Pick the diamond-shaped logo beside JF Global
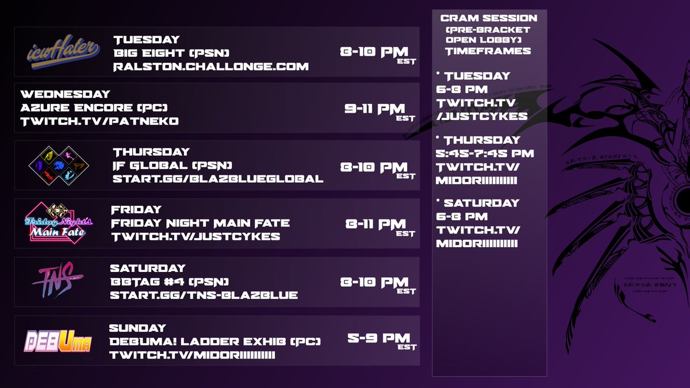click(57, 166)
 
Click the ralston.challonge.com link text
click(211, 67)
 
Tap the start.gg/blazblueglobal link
click(218, 179)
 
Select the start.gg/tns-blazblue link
click(204, 295)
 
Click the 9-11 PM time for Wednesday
click(375, 109)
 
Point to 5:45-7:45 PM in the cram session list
click(485, 153)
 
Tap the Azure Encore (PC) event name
click(94, 108)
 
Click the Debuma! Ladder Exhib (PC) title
click(214, 341)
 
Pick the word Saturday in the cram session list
click(481, 203)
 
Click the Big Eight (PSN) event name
click(168, 53)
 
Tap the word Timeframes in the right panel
click(488, 51)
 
